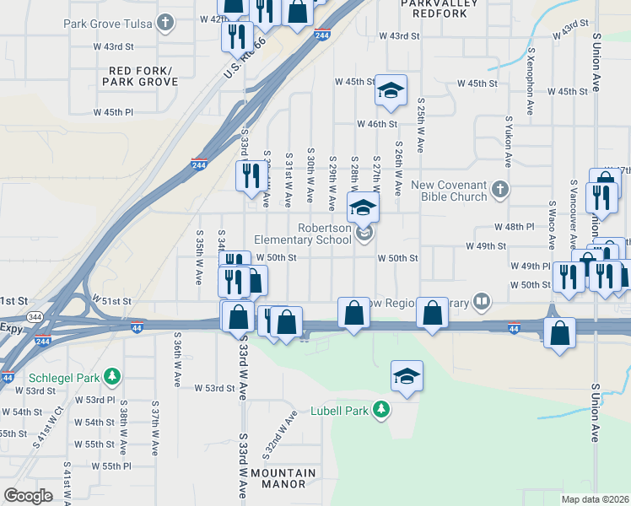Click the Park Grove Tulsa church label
click(x=109, y=22)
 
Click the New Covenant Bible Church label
click(x=448, y=191)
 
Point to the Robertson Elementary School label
click(x=303, y=234)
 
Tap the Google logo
click(x=29, y=496)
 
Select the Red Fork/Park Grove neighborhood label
click(x=140, y=76)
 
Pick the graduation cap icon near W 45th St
click(x=391, y=91)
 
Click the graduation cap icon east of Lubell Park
click(x=407, y=377)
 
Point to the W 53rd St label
click(x=213, y=388)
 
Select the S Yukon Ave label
click(x=509, y=143)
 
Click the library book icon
click(x=481, y=300)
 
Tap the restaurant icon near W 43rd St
click(x=237, y=36)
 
